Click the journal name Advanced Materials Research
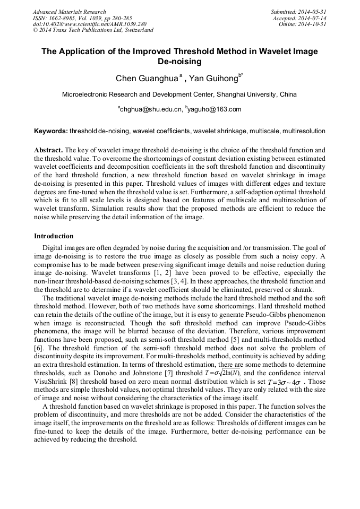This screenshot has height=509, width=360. tap(70, 12)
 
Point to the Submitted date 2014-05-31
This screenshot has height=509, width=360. tap(298, 12)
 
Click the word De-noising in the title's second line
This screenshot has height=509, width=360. tap(180, 62)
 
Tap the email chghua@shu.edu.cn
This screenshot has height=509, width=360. tap(150, 110)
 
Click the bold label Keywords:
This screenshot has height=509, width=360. tap(51, 131)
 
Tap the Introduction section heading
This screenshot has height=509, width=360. tap(54, 236)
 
